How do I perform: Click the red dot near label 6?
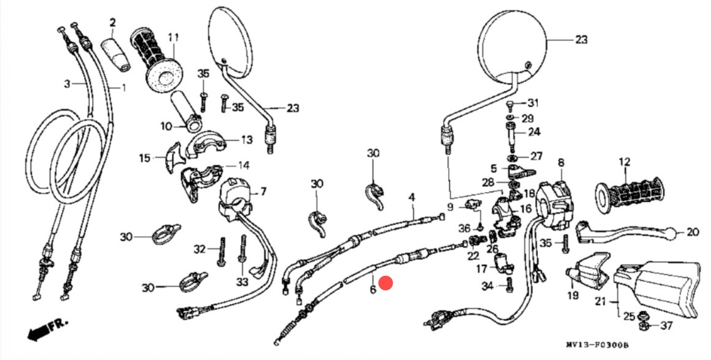(385, 283)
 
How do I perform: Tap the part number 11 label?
(174, 38)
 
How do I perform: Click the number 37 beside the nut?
(666, 325)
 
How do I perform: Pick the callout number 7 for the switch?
(263, 192)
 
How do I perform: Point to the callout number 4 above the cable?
(412, 197)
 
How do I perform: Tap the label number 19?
(573, 297)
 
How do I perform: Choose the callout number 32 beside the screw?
(200, 249)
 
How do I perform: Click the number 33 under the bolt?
(243, 283)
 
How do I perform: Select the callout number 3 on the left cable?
(68, 83)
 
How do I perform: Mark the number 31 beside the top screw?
(534, 103)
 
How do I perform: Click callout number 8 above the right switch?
(560, 163)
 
